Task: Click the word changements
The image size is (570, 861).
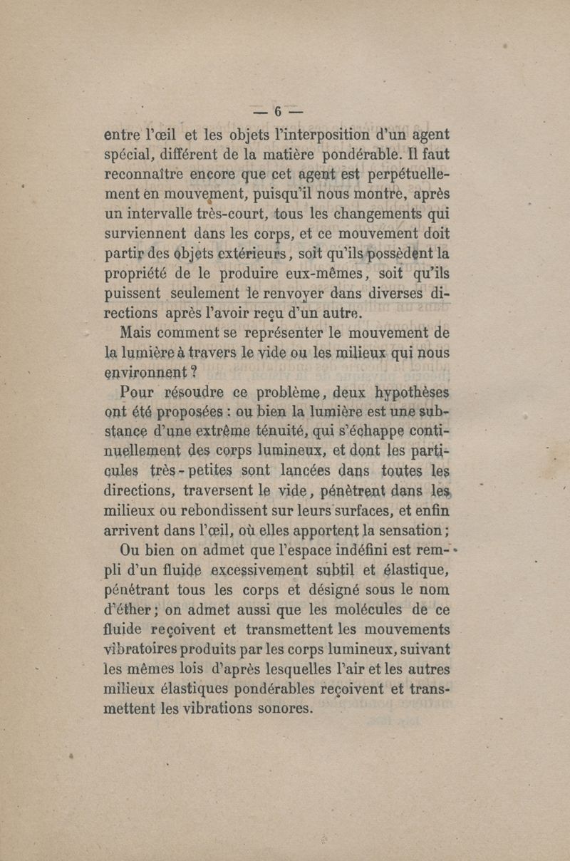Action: click(383, 213)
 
